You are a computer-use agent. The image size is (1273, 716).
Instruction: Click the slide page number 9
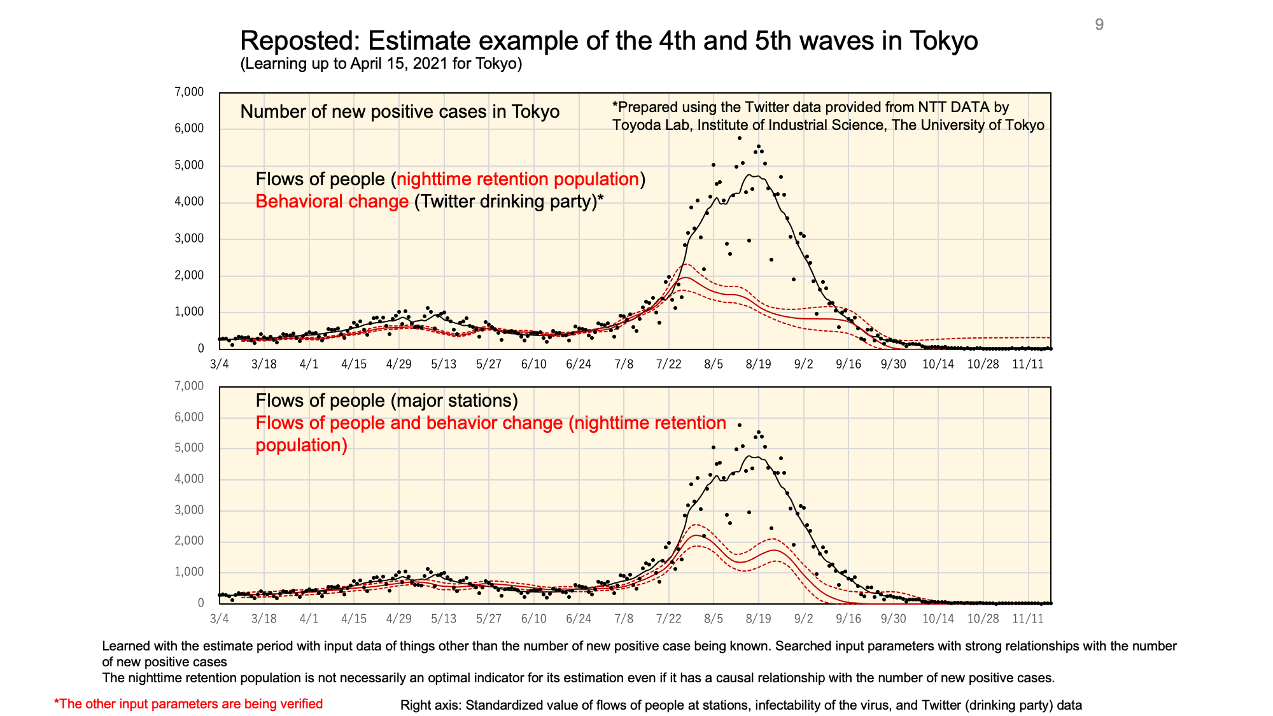click(1099, 25)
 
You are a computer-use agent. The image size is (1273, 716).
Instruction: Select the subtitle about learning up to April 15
click(381, 64)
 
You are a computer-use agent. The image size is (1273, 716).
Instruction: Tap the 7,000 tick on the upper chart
click(188, 92)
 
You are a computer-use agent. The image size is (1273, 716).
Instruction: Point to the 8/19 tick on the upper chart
click(758, 364)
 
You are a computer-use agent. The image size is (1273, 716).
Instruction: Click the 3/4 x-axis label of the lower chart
click(219, 619)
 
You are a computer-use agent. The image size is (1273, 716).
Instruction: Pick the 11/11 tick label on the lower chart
click(1028, 619)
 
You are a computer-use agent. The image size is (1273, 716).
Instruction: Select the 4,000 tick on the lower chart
click(188, 479)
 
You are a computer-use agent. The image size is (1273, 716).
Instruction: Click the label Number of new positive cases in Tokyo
click(400, 112)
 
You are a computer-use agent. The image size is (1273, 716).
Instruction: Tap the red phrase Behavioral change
click(332, 202)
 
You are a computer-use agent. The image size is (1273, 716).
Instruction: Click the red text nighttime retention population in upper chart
click(517, 179)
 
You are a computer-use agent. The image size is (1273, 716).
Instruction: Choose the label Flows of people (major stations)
click(386, 400)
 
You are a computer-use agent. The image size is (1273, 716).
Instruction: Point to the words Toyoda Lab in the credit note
click(651, 125)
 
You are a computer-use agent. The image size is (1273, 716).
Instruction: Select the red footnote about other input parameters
click(188, 704)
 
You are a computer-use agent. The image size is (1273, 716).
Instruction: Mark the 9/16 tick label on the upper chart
click(848, 364)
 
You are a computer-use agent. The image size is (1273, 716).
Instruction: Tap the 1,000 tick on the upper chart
click(188, 312)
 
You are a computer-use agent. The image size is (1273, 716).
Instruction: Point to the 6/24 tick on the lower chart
click(579, 619)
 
